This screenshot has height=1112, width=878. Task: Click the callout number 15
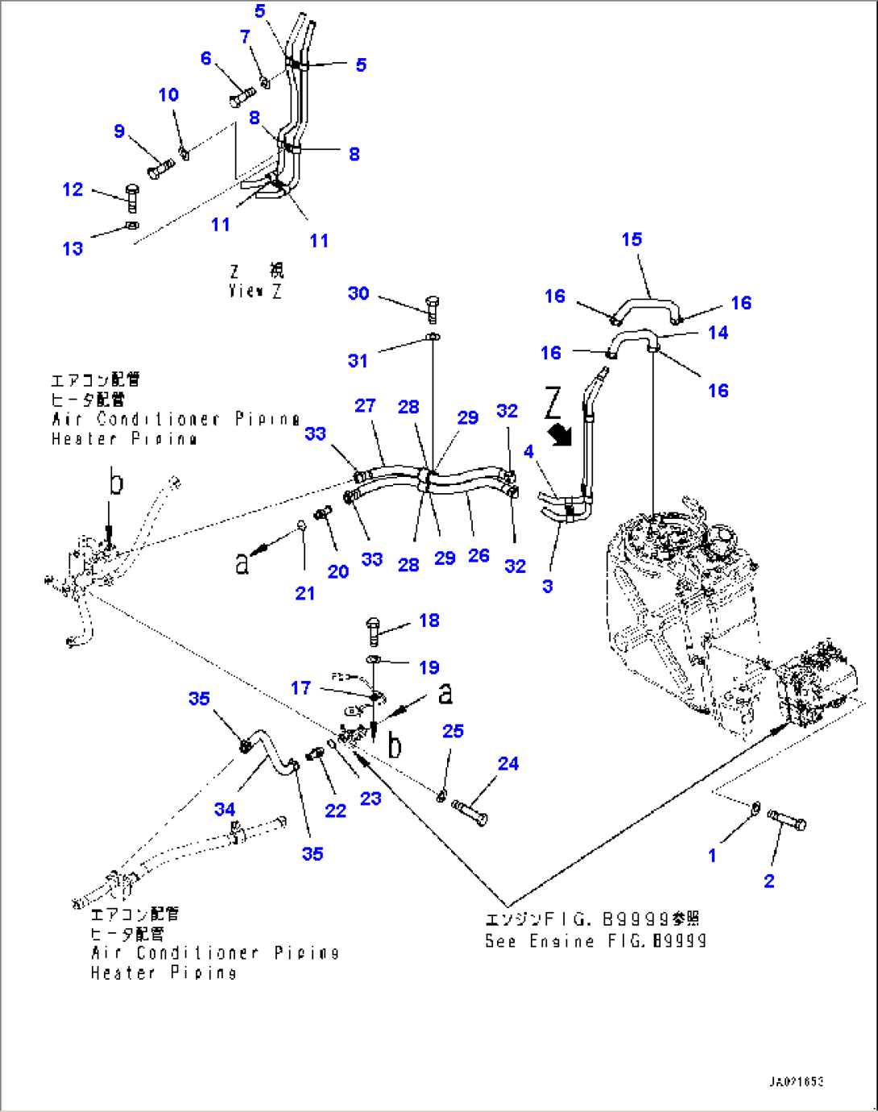tap(632, 239)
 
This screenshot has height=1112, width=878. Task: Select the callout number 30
tap(358, 293)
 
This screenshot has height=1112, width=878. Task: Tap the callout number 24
tap(507, 763)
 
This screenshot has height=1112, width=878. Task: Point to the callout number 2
tap(769, 881)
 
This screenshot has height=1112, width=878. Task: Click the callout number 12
tap(72, 189)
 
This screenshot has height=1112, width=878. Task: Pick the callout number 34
tap(225, 809)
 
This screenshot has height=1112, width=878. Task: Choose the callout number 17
tap(300, 687)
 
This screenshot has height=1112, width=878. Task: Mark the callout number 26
tap(478, 555)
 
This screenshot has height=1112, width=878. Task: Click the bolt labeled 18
tap(373, 631)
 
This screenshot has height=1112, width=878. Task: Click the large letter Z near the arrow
tap(553, 402)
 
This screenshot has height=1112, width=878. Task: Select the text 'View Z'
tap(255, 291)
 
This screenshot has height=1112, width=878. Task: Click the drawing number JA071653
tap(796, 1081)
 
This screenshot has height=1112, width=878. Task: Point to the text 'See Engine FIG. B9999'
tap(595, 941)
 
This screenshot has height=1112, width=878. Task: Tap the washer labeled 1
tap(756, 806)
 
